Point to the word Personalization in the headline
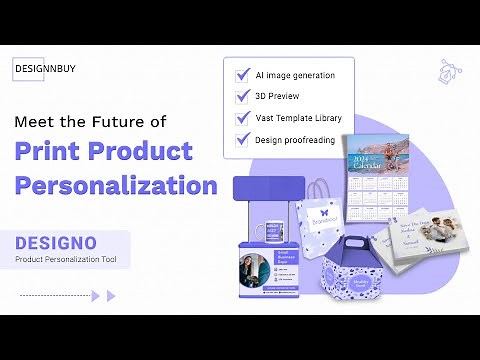(116, 185)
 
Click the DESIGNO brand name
(56, 243)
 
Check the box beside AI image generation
(242, 75)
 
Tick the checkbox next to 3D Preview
(242, 97)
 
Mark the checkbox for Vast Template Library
(242, 118)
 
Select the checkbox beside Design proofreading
(242, 139)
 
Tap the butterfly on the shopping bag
(323, 212)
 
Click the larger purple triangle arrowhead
(111, 296)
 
